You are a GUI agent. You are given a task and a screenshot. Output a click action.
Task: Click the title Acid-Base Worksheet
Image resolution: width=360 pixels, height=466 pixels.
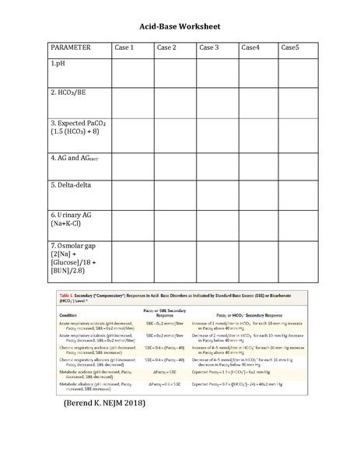(x=180, y=26)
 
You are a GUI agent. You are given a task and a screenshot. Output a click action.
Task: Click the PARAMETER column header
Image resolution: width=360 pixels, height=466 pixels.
(x=72, y=48)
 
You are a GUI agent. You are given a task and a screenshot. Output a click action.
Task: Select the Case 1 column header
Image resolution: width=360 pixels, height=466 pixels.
(x=125, y=48)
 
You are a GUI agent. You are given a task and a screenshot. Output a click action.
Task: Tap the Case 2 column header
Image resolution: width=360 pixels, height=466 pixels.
(x=167, y=48)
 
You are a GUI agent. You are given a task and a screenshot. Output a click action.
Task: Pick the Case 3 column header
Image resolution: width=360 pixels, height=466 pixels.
(x=209, y=48)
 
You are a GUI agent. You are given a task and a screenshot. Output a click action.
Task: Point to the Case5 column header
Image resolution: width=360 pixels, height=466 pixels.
(x=290, y=48)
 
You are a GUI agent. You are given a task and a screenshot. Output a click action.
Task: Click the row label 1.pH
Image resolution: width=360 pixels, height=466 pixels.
(x=58, y=63)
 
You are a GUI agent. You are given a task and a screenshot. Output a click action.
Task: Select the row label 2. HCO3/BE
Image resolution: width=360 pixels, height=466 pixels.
(x=72, y=93)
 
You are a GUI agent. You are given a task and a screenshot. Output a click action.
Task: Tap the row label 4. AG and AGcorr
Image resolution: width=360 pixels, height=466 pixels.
(x=76, y=159)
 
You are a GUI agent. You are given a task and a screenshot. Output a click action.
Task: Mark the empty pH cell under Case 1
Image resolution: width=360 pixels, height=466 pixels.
(x=132, y=72)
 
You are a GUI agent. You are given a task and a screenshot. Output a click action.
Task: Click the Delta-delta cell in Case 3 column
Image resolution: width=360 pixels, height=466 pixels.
(x=217, y=194)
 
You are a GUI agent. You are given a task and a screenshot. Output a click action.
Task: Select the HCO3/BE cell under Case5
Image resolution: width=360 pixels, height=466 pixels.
(x=299, y=101)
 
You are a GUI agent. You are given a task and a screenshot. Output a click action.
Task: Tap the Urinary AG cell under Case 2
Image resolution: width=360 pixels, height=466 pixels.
(x=174, y=225)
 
